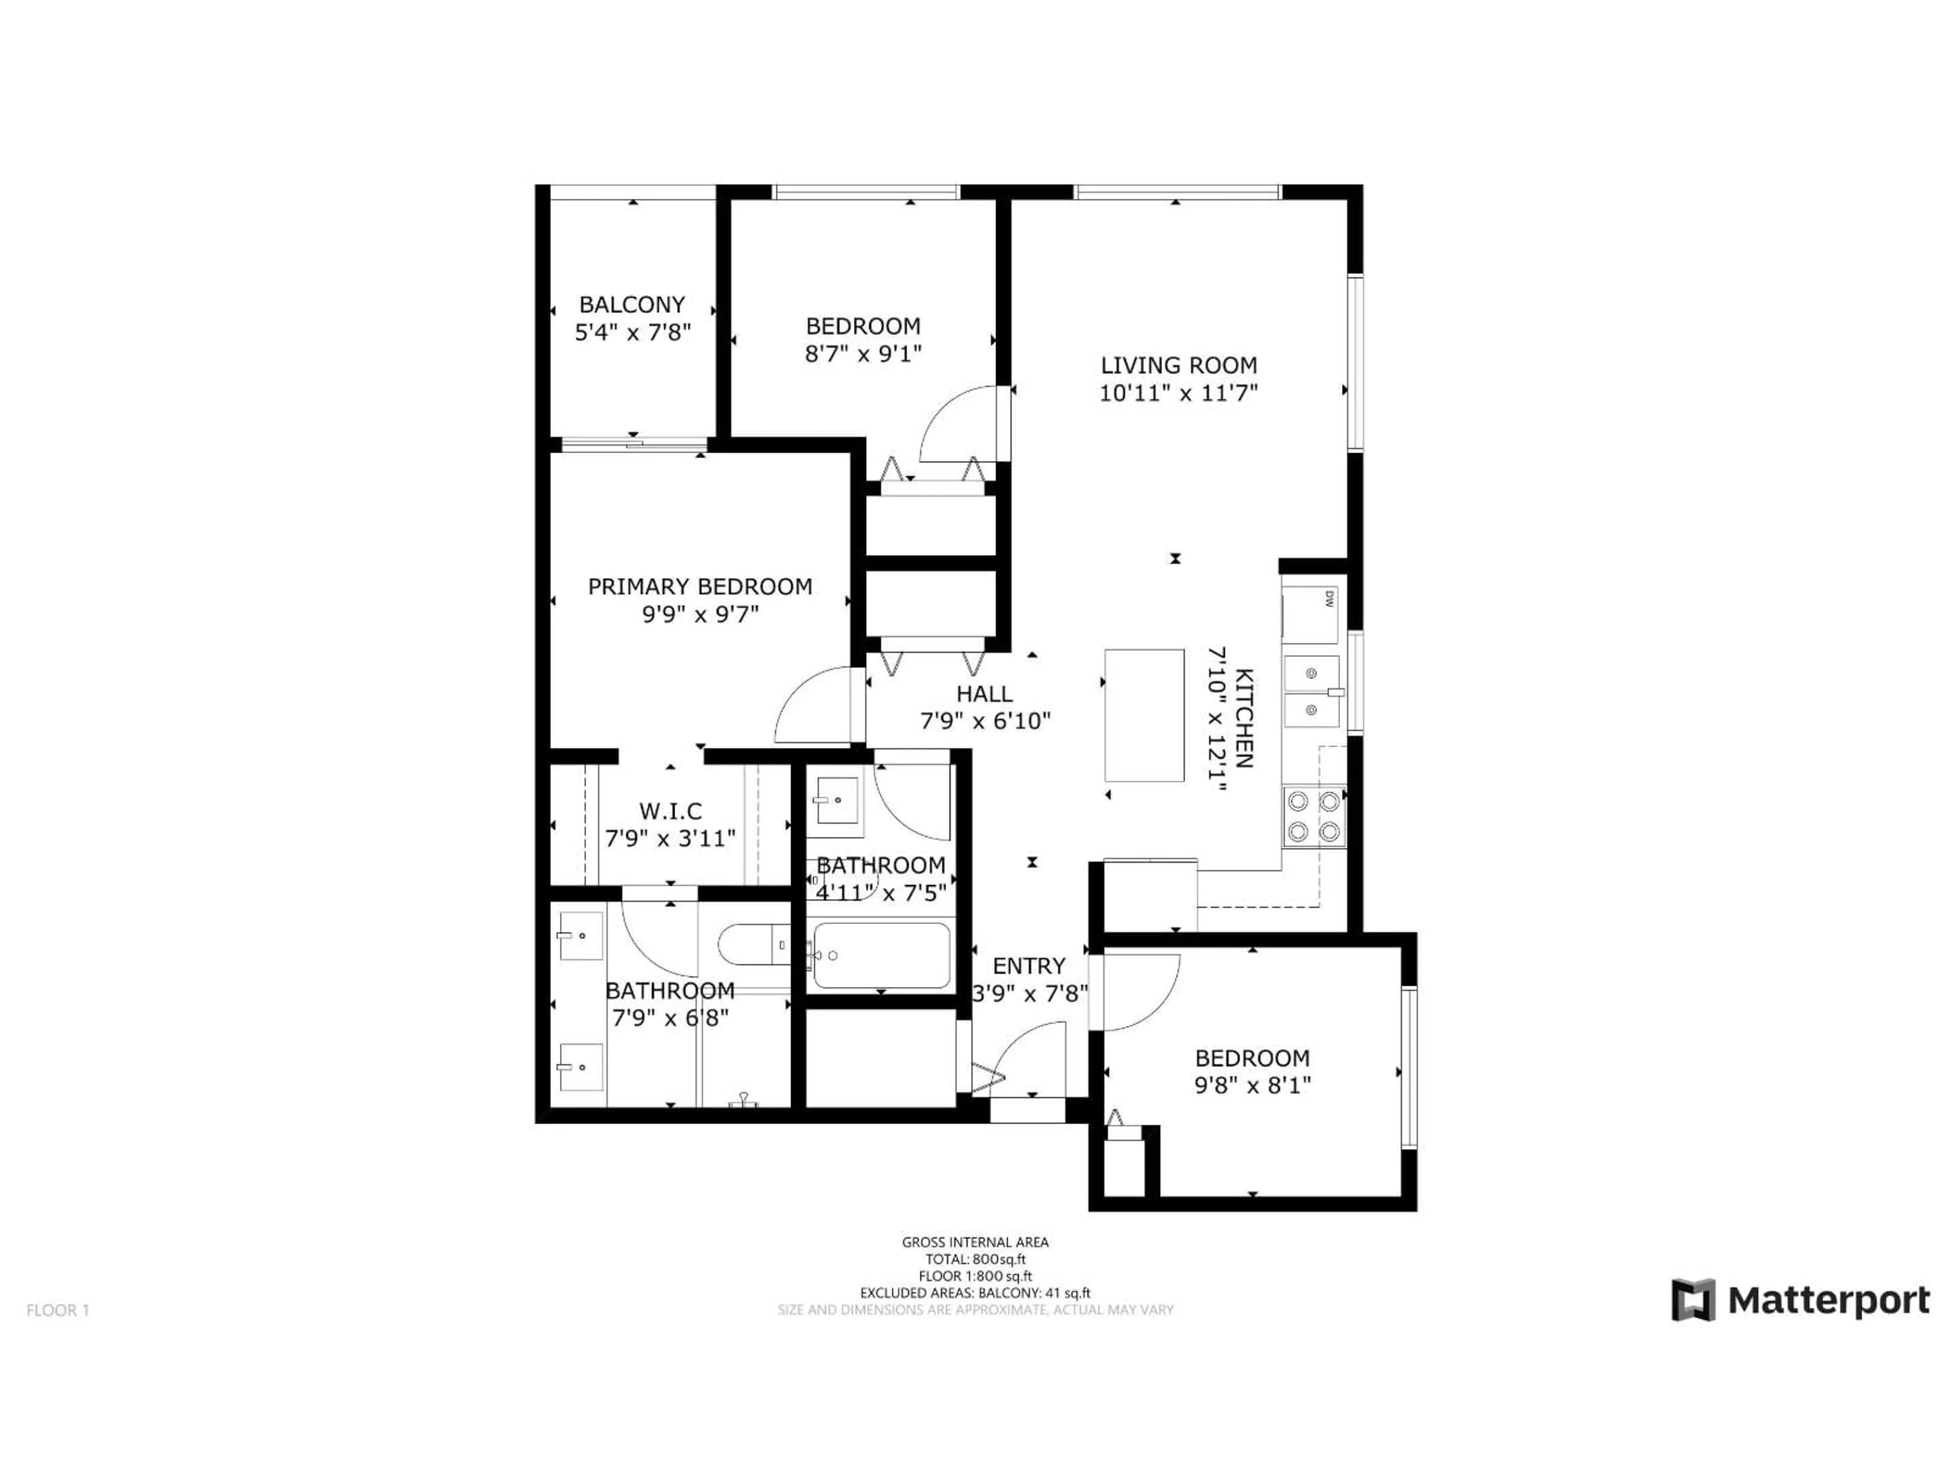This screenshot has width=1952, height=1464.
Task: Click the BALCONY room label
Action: [x=632, y=304]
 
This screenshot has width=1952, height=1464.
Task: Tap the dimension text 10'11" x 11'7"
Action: [x=1178, y=393]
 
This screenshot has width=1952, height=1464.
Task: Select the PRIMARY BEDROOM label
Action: [x=700, y=587]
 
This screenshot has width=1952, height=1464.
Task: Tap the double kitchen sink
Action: [x=1311, y=691]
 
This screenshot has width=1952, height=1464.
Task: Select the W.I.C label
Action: [x=670, y=810]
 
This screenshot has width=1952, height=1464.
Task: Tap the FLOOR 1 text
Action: [x=58, y=1310]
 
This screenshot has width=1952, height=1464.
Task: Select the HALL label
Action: [x=985, y=693]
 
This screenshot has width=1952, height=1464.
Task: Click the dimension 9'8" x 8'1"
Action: [x=1252, y=1085]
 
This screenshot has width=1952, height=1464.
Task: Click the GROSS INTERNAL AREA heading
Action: [x=975, y=1242]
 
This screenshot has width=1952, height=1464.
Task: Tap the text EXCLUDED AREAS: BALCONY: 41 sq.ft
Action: [x=975, y=1293]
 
